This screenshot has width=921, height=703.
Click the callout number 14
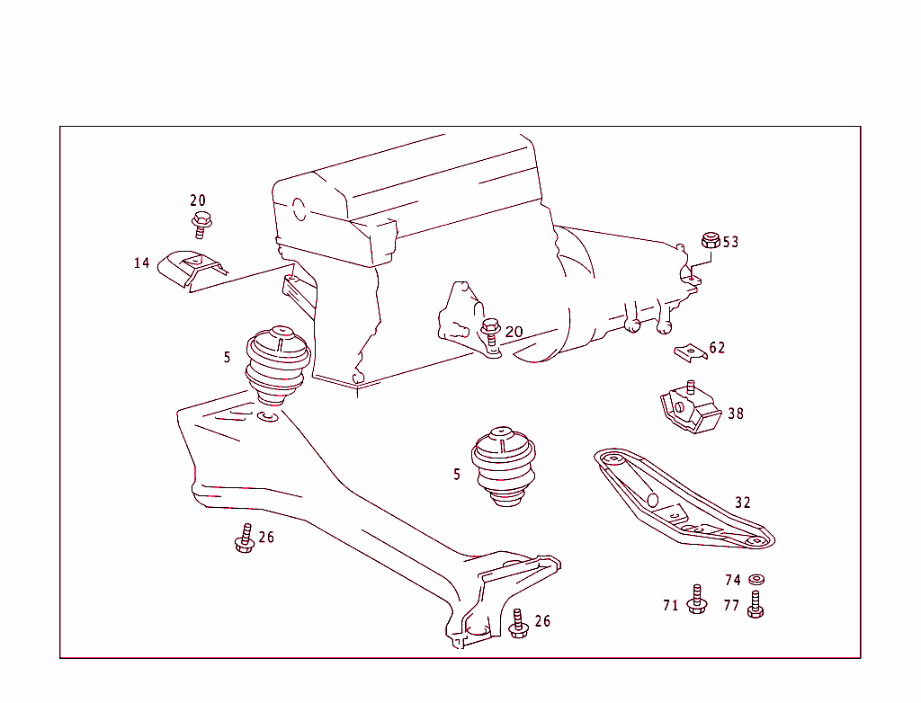coord(141,263)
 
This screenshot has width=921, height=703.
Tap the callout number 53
coord(730,242)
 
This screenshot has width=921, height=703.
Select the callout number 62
coord(717,348)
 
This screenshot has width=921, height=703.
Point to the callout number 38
coord(736,414)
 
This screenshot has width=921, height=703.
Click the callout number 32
coord(742,503)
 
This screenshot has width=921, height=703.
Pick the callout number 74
coord(733,581)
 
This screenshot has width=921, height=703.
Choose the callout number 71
coord(671,606)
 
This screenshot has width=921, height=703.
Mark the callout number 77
coord(731,606)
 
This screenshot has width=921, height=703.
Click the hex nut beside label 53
coord(709,241)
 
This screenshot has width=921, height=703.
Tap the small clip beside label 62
coord(690,351)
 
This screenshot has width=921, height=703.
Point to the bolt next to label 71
coord(696,600)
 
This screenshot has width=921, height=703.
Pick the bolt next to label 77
coord(756,604)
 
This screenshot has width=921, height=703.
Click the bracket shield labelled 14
coord(191,269)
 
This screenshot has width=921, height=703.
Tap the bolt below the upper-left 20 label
coord(201,224)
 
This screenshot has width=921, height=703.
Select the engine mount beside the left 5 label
coord(277,364)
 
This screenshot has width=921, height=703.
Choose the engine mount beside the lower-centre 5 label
coord(504,466)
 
